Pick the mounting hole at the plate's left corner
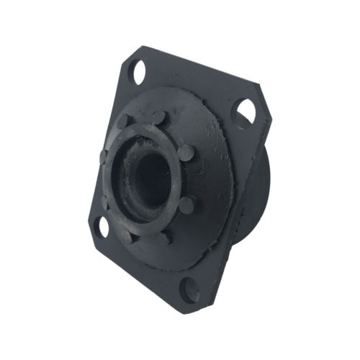tap(101, 226)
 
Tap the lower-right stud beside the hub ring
tap(186, 205)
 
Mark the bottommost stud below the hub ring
tap(164, 236)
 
